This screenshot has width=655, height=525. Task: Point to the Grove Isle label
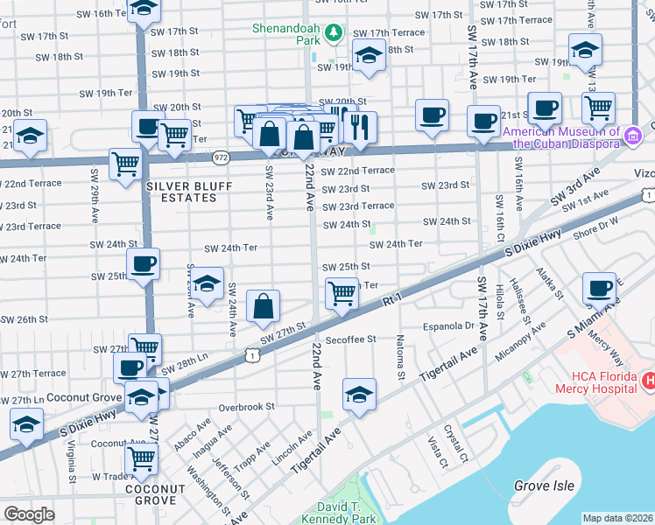544,486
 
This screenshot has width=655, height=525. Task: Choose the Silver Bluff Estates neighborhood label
181,192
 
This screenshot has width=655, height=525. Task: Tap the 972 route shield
220,157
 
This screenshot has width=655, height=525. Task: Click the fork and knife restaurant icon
359,128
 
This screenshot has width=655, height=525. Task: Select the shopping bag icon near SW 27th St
263,306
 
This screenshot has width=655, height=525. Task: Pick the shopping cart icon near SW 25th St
342,294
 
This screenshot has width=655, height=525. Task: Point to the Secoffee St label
349,339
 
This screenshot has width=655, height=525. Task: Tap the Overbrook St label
246,407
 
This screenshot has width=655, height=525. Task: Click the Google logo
29,514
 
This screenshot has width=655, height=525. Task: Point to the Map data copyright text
617,518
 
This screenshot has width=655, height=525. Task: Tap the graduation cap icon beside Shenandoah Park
369,56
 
